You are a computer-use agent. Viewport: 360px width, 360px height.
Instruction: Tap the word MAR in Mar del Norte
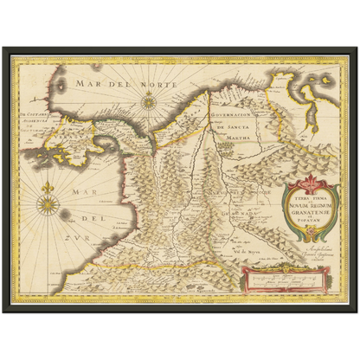point(87,84)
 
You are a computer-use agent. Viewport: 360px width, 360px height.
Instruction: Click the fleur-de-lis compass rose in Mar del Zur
point(48,205)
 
